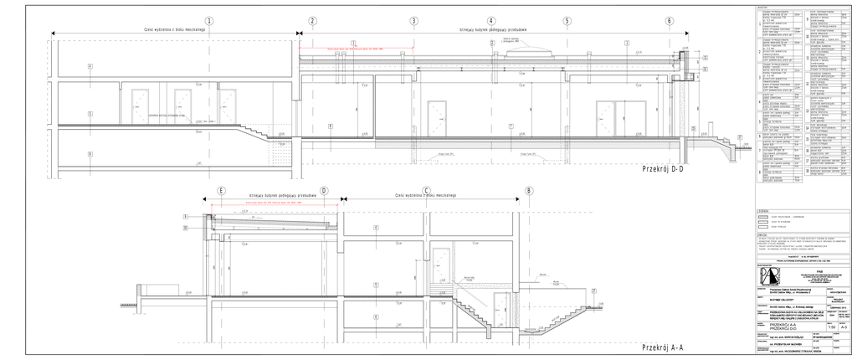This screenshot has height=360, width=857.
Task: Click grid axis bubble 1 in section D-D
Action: click(208, 21)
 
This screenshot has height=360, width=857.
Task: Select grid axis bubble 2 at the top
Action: click(312, 21)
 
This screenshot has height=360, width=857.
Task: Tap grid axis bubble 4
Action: click(491, 21)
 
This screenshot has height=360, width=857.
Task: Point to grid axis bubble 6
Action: click(670, 21)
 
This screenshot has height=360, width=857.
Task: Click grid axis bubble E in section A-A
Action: click(221, 191)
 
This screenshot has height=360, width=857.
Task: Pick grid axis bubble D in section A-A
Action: click(324, 191)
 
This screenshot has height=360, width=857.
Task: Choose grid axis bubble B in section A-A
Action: click(528, 191)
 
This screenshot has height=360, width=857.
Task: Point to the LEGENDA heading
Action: click(762, 210)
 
